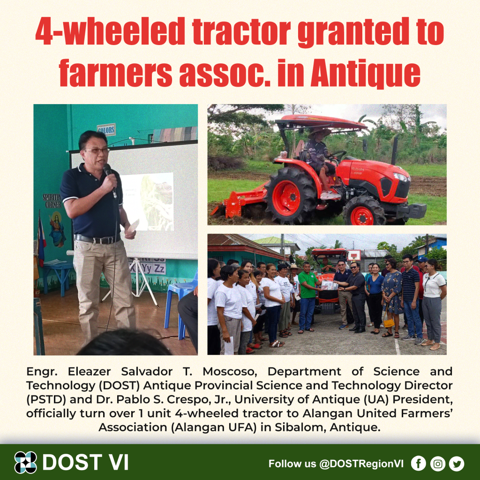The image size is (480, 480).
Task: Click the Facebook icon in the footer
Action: (x=418, y=464)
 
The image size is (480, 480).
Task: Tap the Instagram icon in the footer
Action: (x=437, y=464)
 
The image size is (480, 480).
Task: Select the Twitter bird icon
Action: (x=457, y=464)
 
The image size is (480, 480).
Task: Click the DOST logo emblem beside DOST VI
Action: (x=25, y=462)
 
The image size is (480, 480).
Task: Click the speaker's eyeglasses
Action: (x=97, y=150)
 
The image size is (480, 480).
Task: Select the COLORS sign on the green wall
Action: (x=106, y=129)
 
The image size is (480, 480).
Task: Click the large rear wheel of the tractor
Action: (x=290, y=196)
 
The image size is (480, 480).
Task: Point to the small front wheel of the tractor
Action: (x=363, y=212)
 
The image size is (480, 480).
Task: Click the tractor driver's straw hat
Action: (x=320, y=132)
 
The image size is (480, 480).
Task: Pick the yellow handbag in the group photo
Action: (x=389, y=323)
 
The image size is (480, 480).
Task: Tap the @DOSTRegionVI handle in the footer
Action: (x=361, y=464)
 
